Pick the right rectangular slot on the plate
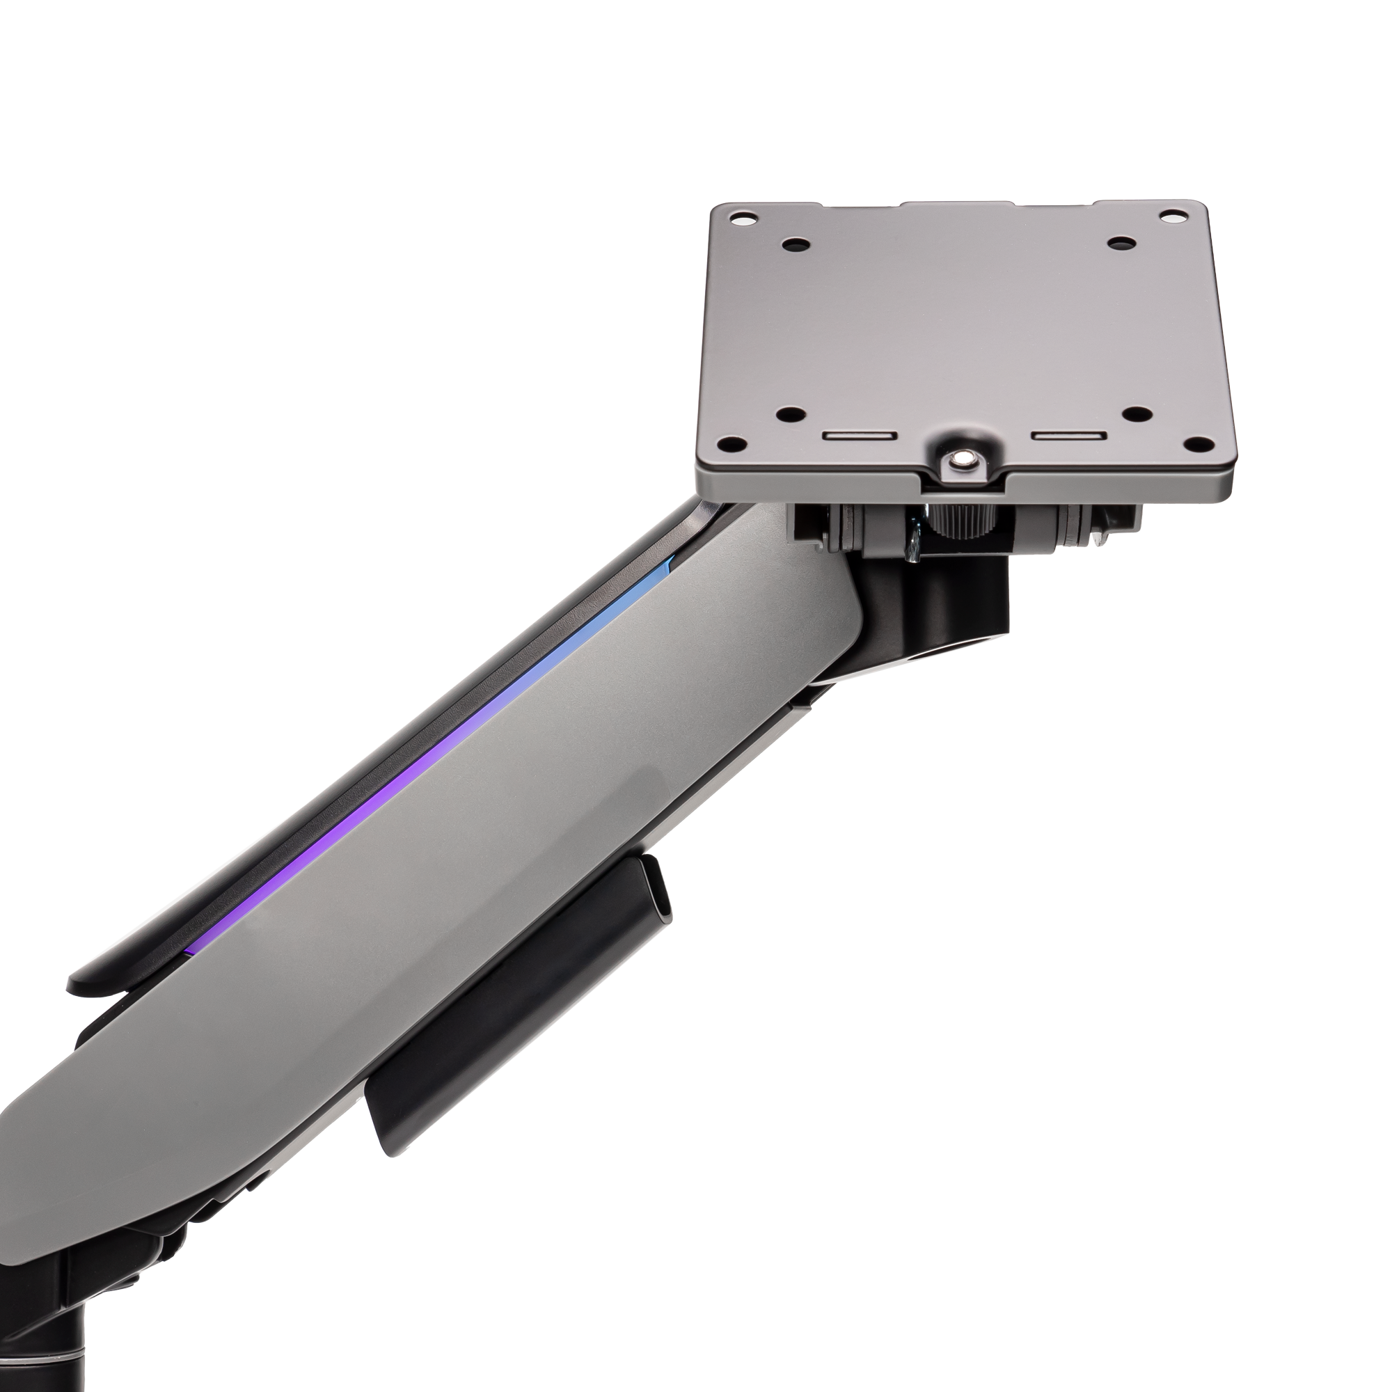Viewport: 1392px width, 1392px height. point(1068,436)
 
